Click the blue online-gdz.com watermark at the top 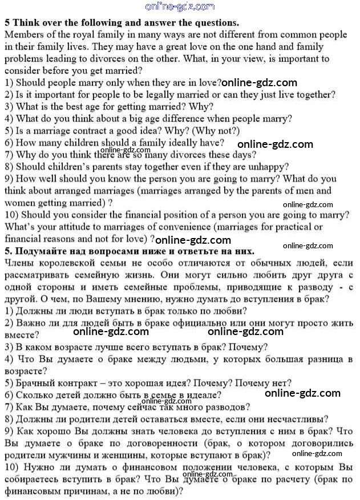pos(180,7)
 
